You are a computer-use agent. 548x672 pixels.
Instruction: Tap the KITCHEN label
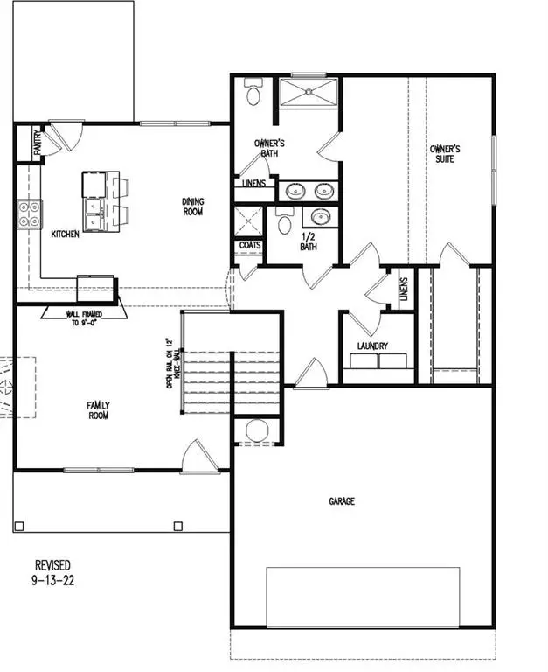click(x=66, y=234)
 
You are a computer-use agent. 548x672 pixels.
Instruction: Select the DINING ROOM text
click(x=193, y=206)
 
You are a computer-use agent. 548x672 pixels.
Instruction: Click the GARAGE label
click(x=342, y=501)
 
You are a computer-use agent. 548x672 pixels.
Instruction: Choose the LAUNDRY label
click(x=372, y=346)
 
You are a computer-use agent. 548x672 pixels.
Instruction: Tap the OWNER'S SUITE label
click(x=445, y=154)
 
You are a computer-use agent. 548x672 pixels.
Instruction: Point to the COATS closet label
click(x=250, y=246)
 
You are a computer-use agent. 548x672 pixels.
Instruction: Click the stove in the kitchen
click(x=29, y=214)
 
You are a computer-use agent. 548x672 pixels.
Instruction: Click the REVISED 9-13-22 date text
click(x=52, y=572)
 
